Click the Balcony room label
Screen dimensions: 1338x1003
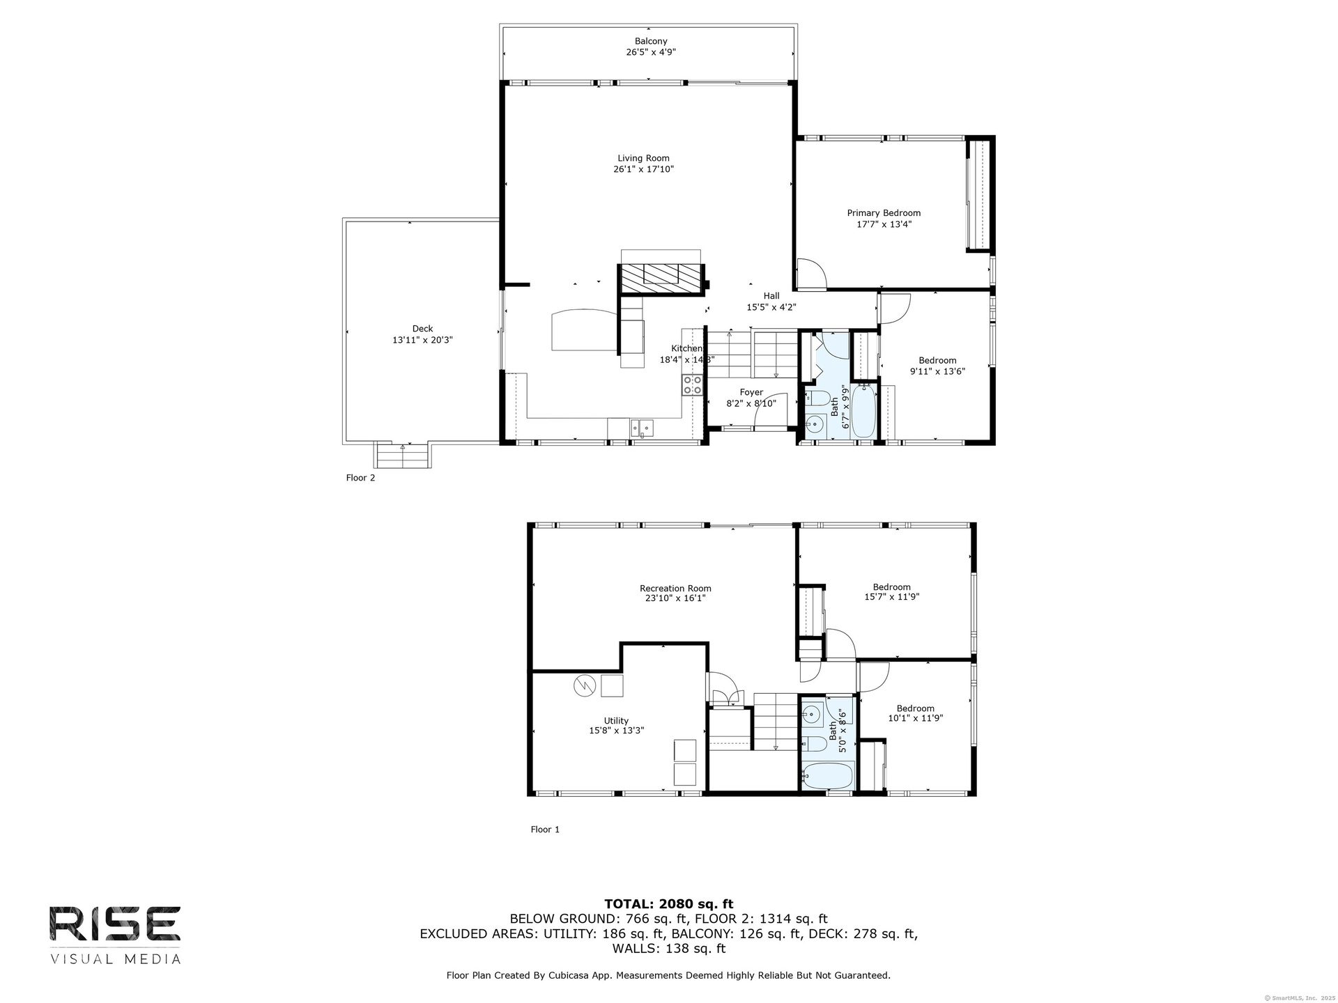(651, 41)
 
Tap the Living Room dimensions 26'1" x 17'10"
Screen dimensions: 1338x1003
(643, 169)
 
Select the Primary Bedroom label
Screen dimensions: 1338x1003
(884, 213)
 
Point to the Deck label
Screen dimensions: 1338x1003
(422, 329)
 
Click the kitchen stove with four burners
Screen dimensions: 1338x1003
(692, 385)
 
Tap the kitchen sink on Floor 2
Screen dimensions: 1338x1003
(642, 428)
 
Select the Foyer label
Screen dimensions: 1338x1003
(751, 393)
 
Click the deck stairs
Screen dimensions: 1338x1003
(403, 456)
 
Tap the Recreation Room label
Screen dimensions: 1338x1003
(675, 589)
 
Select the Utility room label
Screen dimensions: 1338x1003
(616, 721)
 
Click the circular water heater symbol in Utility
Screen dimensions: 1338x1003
(584, 686)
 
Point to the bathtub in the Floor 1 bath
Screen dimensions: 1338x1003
(827, 775)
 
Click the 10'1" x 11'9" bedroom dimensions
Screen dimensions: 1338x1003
(915, 718)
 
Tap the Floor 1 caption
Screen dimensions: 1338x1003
(545, 830)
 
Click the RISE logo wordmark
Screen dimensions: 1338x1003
(115, 924)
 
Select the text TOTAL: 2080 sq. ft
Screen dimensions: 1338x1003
(669, 904)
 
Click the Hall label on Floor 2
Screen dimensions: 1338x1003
(771, 296)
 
